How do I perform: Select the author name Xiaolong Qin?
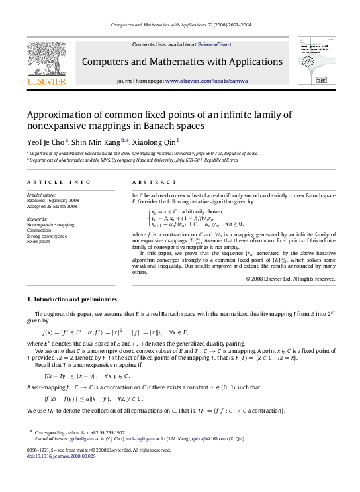click(x=151, y=142)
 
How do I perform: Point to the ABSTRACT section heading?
click(x=148, y=182)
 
